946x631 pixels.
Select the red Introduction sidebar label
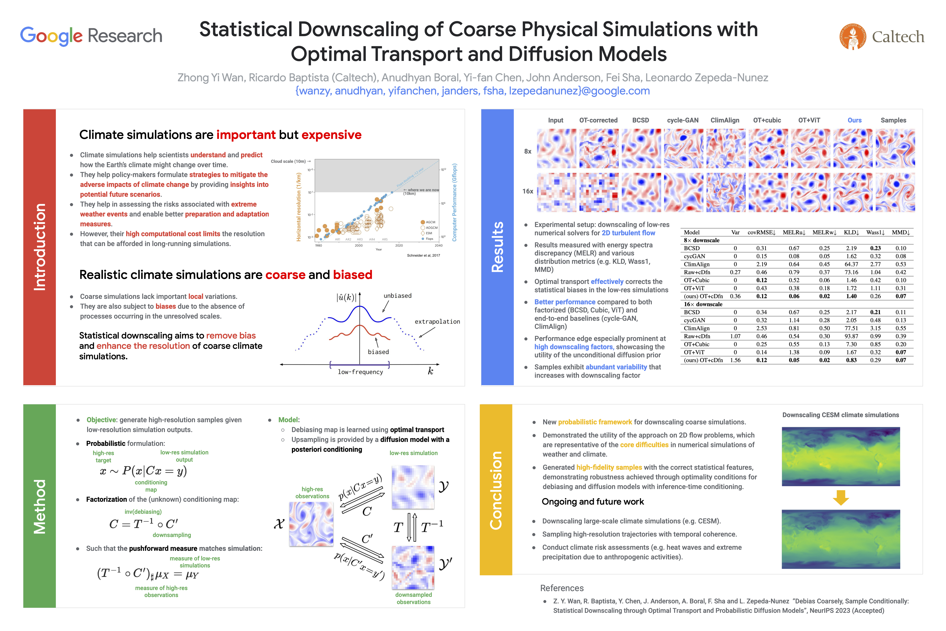39,247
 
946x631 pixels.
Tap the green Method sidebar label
39,506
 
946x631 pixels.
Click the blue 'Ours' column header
854,120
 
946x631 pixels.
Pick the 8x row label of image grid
528,151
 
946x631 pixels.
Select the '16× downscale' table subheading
703,304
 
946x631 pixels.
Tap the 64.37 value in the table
851,264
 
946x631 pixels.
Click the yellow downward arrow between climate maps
841,497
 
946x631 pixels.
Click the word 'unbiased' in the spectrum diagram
397,296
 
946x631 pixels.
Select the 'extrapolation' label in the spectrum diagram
437,322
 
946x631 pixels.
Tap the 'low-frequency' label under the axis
360,372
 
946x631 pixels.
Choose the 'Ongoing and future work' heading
593,502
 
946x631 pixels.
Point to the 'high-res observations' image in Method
311,524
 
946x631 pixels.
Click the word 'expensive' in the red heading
331,135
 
